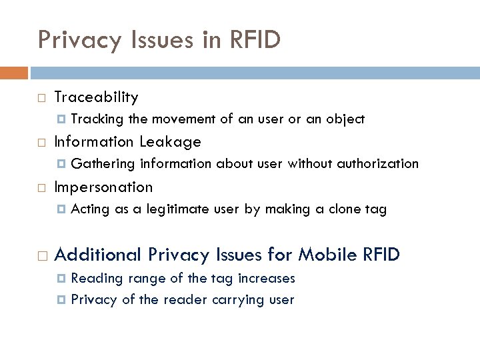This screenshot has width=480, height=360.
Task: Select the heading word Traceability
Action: (96, 97)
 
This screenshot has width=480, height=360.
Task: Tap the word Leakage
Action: (171, 142)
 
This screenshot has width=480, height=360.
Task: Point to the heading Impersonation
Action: (103, 187)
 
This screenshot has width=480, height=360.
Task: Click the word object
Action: (345, 119)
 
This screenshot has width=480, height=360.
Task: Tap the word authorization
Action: (379, 164)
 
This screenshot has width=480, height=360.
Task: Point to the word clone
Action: (341, 209)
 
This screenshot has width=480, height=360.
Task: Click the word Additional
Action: (98, 255)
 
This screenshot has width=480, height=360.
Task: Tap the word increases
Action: (265, 278)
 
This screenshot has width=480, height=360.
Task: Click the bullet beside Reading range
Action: (61, 279)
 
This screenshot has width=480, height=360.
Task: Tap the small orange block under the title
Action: (13, 72)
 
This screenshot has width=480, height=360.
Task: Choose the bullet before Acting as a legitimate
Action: (61, 210)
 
